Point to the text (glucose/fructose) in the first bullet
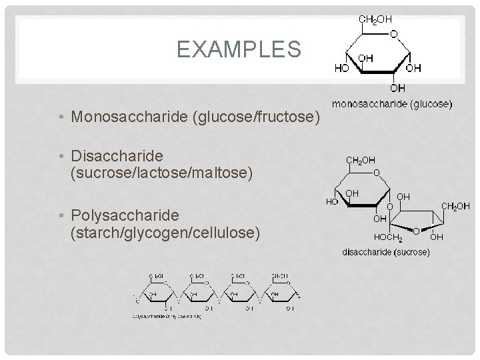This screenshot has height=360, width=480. (x=257, y=118)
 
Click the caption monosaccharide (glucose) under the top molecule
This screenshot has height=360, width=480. (x=392, y=104)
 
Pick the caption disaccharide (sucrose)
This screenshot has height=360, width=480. (x=386, y=252)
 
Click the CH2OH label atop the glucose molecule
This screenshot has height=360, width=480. (x=376, y=19)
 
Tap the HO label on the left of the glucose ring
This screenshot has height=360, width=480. (x=341, y=68)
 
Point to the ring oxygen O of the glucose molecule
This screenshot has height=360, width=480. (x=394, y=35)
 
